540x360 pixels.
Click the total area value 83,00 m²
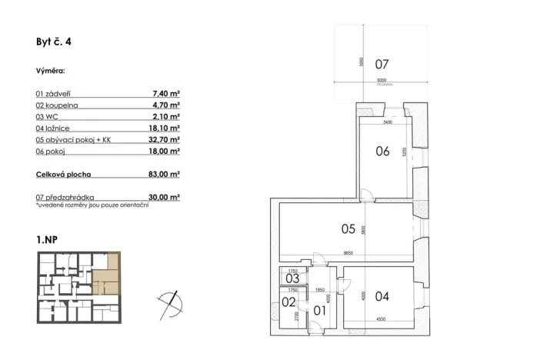tap(165, 175)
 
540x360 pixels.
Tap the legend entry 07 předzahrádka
tap(65, 197)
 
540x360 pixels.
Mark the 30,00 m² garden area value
tap(165, 197)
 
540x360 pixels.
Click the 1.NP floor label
tap(47, 240)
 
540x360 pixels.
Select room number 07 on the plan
tap(382, 63)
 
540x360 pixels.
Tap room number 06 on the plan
tap(382, 152)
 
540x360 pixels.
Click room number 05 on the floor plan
tap(348, 228)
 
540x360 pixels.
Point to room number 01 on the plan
tap(320, 311)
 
